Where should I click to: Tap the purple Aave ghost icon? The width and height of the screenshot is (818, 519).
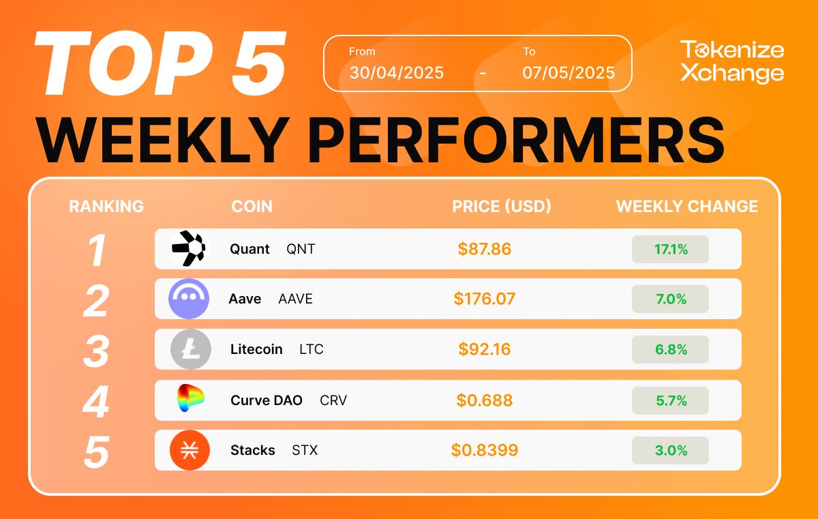(x=189, y=299)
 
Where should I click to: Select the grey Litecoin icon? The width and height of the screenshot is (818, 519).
(x=191, y=349)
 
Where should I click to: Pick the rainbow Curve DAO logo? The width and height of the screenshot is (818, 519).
(x=190, y=398)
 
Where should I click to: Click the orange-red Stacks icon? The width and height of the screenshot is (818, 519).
(x=190, y=450)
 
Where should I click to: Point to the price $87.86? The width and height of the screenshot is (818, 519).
(x=484, y=249)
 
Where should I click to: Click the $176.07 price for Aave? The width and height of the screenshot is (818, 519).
(x=484, y=299)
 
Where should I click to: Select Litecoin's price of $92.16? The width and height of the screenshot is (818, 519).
(x=484, y=349)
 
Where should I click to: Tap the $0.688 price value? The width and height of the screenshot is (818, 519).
(x=484, y=400)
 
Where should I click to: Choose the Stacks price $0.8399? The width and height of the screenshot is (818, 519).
(x=484, y=450)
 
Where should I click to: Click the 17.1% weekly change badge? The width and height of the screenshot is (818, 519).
(x=671, y=250)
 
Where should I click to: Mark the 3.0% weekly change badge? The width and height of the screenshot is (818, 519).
(x=671, y=450)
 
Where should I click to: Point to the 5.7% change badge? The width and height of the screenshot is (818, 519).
(x=671, y=400)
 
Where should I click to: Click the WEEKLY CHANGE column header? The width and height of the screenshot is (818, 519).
(x=687, y=207)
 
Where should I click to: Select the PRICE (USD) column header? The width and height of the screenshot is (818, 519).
(x=502, y=207)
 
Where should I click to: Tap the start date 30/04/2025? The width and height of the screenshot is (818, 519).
(x=396, y=73)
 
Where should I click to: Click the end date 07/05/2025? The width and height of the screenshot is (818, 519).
(x=569, y=73)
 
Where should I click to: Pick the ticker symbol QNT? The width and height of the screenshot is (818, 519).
(x=301, y=249)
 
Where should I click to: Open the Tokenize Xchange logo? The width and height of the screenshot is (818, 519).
(x=732, y=61)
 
